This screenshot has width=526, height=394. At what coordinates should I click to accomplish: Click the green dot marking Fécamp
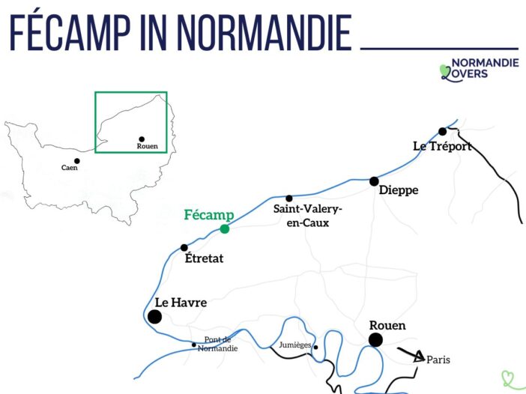pyautogui.click(x=225, y=229)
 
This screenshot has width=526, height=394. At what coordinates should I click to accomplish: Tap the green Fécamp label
pyautogui.click(x=209, y=215)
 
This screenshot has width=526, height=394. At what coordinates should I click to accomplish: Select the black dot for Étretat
pyautogui.click(x=184, y=248)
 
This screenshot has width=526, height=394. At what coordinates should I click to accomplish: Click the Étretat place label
pyautogui.click(x=204, y=259)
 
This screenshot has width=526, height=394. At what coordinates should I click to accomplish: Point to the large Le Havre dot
pyautogui.click(x=154, y=317)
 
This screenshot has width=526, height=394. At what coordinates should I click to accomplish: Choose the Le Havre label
pyautogui.click(x=181, y=303)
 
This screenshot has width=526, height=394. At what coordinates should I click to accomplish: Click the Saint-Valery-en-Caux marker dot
pyautogui.click(x=289, y=198)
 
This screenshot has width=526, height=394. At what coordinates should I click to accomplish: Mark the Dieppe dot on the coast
pyautogui.click(x=374, y=181)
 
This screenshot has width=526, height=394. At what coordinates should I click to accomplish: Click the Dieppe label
pyautogui.click(x=399, y=191)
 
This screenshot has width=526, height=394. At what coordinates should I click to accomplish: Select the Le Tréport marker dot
pyautogui.click(x=443, y=132)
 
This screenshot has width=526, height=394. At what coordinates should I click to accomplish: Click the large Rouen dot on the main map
pyautogui.click(x=375, y=340)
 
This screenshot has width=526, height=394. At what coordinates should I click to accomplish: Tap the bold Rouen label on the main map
pyautogui.click(x=387, y=325)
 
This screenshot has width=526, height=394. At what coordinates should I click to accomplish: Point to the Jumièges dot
pyautogui.click(x=316, y=347)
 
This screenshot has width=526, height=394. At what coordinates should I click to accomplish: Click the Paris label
pyautogui.click(x=438, y=360)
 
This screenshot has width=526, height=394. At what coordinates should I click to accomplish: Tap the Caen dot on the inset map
pyautogui.click(x=76, y=160)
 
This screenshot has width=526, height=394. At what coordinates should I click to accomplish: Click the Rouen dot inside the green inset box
pyautogui.click(x=141, y=139)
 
